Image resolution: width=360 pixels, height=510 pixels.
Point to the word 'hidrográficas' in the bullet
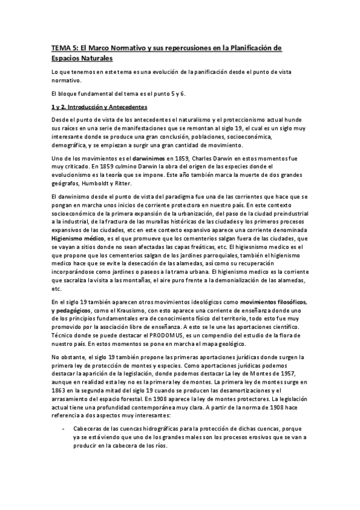point(149,428)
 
